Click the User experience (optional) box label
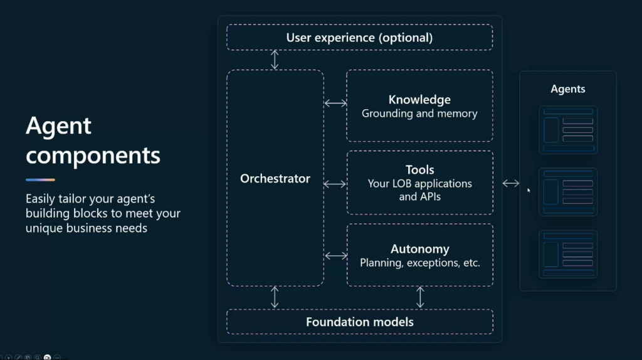(359, 38)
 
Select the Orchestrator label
(275, 179)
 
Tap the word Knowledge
(419, 100)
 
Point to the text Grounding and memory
(419, 114)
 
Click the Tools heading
(419, 169)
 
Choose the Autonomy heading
(419, 249)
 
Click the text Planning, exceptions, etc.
(419, 263)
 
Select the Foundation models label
(359, 322)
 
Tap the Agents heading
(567, 89)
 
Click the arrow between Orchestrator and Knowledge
(335, 103)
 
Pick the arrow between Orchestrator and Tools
(335, 184)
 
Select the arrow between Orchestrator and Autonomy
(336, 256)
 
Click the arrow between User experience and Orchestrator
(275, 60)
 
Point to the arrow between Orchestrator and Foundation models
(275, 297)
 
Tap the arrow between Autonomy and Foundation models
(420, 297)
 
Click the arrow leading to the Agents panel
(510, 184)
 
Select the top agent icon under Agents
(568, 130)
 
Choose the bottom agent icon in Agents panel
(568, 255)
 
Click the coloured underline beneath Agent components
(40, 180)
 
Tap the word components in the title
(93, 156)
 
